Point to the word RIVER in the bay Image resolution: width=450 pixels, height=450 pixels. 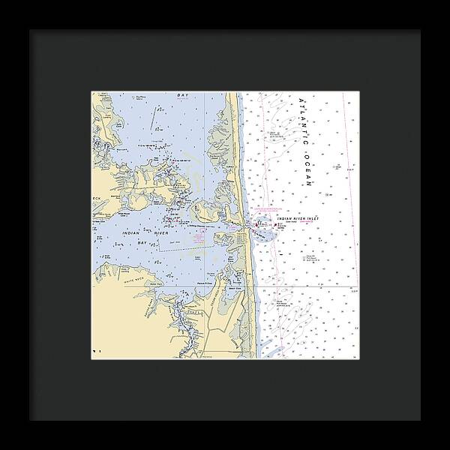coord(161,234)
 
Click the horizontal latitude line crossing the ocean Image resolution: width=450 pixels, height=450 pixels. coord(315,286)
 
